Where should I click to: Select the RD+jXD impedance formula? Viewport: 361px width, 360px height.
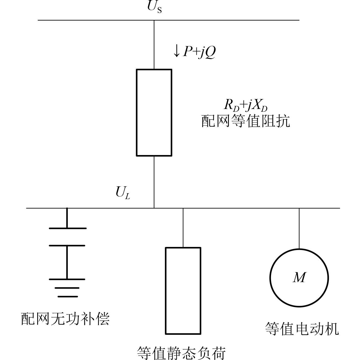pyautogui.click(x=245, y=105)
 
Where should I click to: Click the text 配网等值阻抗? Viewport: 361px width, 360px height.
pyautogui.click(x=246, y=121)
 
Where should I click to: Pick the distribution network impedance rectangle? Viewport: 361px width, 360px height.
pyautogui.click(x=154, y=112)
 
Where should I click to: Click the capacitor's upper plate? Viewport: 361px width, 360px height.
pyautogui.click(x=68, y=228)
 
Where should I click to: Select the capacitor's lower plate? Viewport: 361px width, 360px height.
pyautogui.click(x=67, y=245)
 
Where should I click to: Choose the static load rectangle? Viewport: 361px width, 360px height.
pyautogui.click(x=183, y=290)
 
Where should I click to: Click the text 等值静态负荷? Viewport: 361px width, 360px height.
pyautogui.click(x=181, y=353)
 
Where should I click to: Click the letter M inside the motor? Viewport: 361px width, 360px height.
pyautogui.click(x=299, y=278)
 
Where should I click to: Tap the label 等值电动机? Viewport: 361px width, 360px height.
pyautogui.click(x=302, y=329)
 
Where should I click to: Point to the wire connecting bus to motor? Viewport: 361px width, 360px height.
pyautogui.click(x=299, y=228)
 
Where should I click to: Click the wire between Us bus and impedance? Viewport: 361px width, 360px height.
pyautogui.click(x=154, y=45)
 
